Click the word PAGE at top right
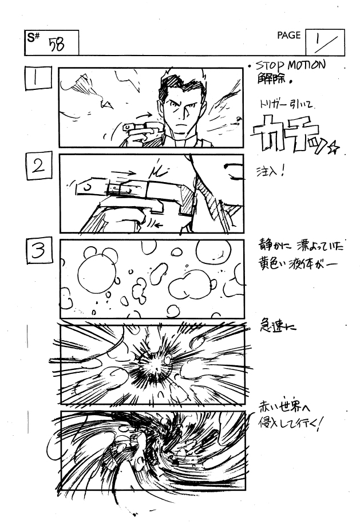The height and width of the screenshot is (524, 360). (288, 36)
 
